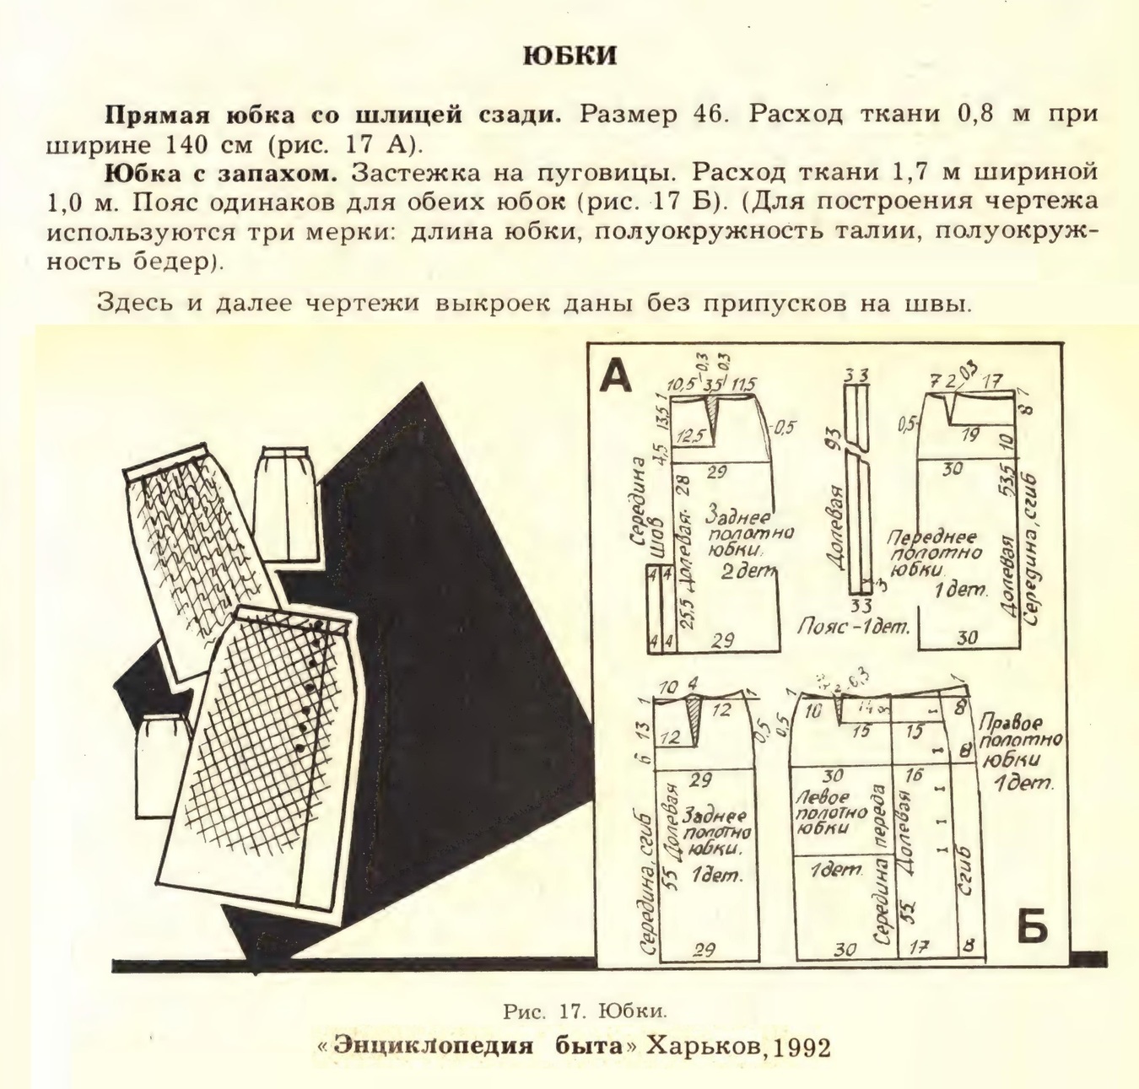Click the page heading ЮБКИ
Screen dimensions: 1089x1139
coord(570,56)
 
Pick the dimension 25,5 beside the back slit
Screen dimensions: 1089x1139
coord(684,601)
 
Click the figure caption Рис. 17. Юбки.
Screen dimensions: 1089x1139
coord(585,1010)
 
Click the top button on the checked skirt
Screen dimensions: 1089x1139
coord(320,624)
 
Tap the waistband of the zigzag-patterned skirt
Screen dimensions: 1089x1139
coord(165,461)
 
